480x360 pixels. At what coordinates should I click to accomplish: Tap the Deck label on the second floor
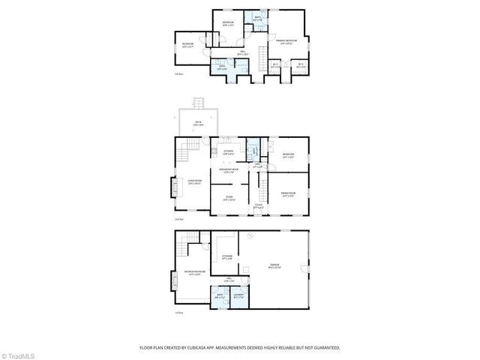click(x=198, y=123)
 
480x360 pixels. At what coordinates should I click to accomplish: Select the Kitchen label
click(x=229, y=151)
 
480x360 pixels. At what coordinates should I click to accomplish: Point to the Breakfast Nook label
click(x=229, y=170)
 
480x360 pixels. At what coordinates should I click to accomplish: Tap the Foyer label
click(x=259, y=206)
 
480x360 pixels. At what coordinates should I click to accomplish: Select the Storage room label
click(x=226, y=257)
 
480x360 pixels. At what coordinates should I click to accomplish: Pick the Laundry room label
click(x=239, y=295)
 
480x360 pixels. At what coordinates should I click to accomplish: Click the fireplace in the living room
click(x=172, y=187)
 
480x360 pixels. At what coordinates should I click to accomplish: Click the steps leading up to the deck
click(x=199, y=104)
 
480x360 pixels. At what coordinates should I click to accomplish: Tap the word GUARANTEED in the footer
click(x=325, y=347)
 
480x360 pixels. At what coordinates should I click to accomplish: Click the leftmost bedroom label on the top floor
click(x=187, y=44)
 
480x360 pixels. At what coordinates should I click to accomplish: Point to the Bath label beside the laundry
click(x=220, y=295)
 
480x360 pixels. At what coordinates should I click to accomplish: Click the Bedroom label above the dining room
click(x=288, y=155)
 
